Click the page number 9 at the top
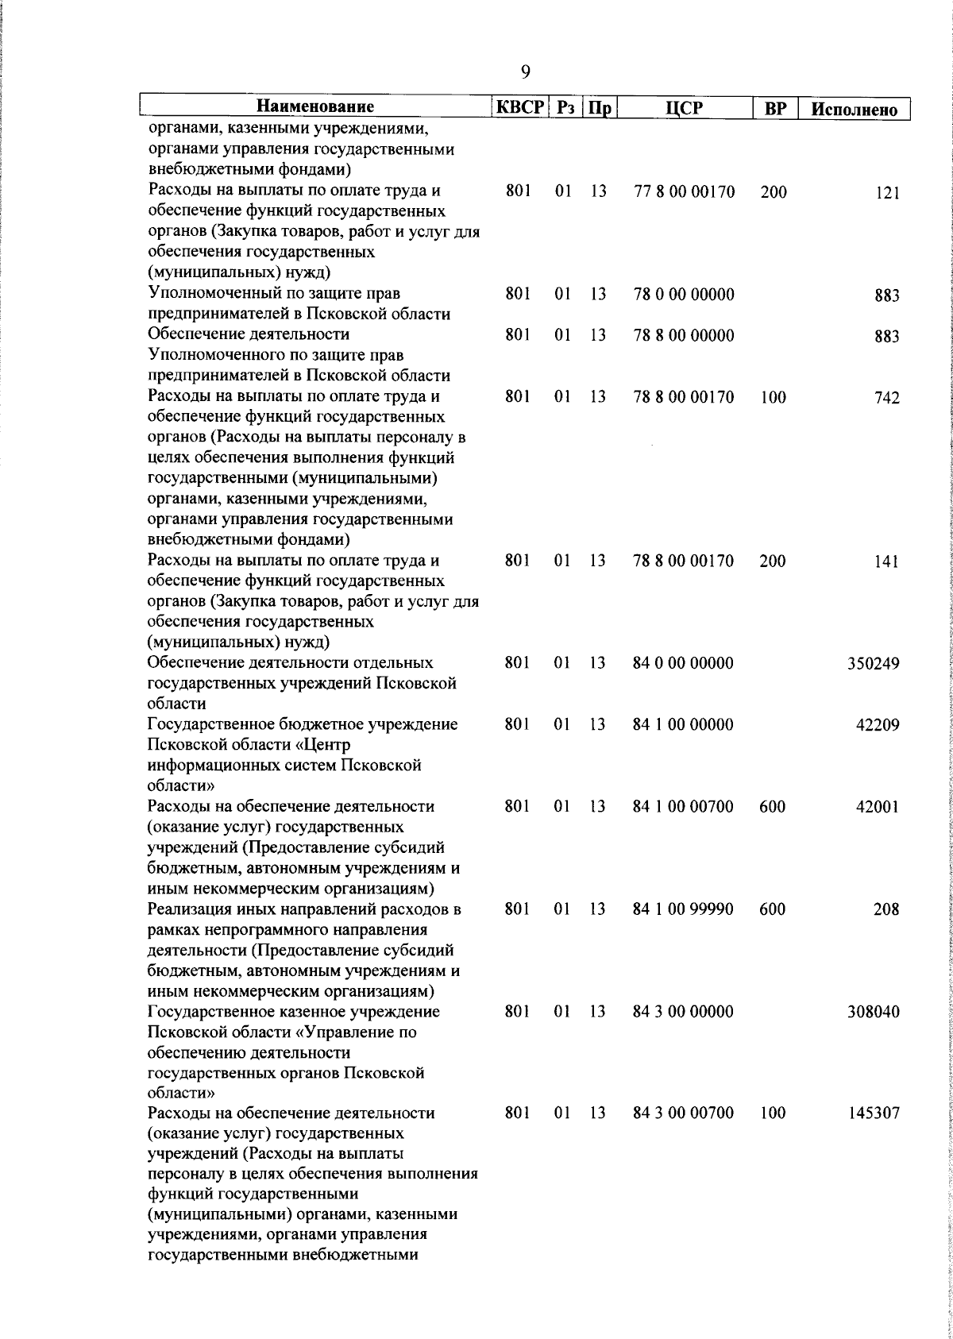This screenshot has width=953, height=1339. pos(525,72)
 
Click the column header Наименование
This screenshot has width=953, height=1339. pos(315,107)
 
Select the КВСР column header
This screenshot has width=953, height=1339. pos(520,107)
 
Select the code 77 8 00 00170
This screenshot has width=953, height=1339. pos(684,191)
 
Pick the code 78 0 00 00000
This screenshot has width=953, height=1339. pos(684,295)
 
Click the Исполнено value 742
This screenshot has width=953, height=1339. pos(887,399)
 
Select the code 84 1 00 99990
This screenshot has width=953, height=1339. pos(684,909)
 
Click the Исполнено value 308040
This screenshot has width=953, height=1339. pos(874,1013)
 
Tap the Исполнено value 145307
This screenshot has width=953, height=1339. pos(874,1114)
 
